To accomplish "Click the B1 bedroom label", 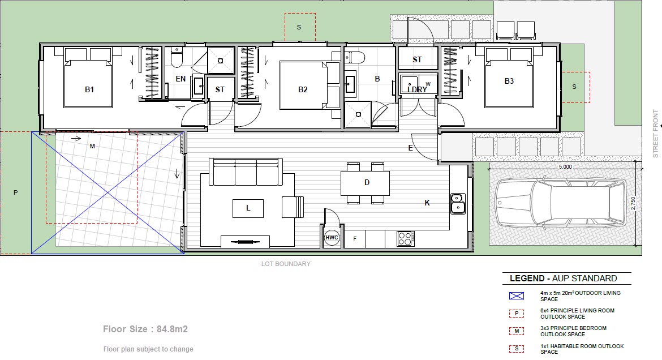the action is coord(89,89).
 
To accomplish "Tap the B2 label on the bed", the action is coord(303,89).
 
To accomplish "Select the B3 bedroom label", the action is coord(509,81).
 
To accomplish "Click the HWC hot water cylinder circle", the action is coord(332,238).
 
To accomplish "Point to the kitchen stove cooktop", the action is coord(406,239).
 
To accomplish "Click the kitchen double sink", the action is coord(458,203).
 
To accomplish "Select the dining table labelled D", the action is coord(365,182).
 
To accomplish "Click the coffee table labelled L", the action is coord(248,208).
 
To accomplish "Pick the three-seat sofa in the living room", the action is coord(246,172).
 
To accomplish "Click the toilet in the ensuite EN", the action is coord(177,57).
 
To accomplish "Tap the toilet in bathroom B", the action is coord(355,57).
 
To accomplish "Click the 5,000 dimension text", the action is coord(565,167).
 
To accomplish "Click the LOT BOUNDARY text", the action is coord(286,264).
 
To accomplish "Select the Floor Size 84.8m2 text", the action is coord(145,329).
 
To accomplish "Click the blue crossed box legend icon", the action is coord(517,296).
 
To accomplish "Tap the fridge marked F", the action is coord(355,239).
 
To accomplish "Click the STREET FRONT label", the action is coord(656,134).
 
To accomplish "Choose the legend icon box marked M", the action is coord(517,331).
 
